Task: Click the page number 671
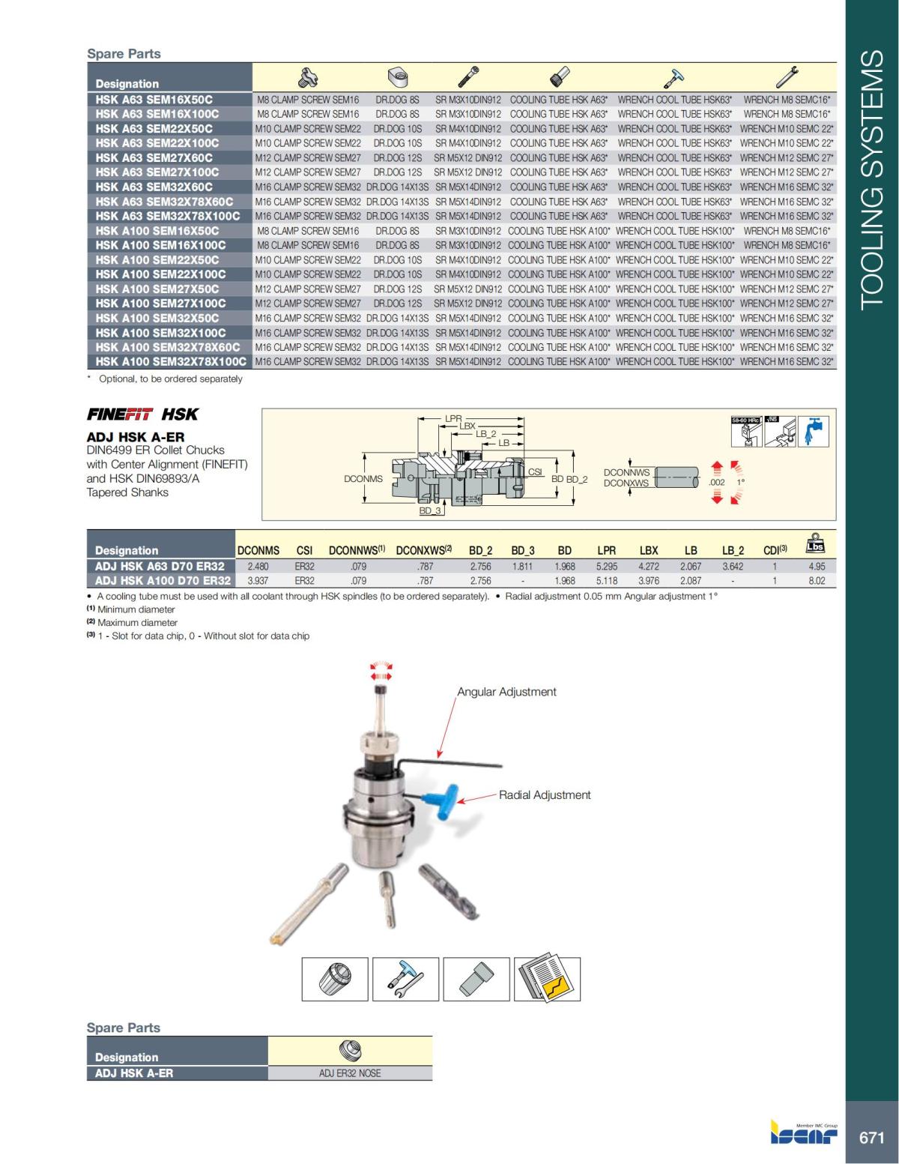pyautogui.click(x=871, y=1138)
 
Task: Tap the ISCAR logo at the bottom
pyautogui.click(x=804, y=1133)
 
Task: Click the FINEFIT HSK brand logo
pyautogui.click(x=142, y=414)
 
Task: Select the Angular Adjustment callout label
pyautogui.click(x=506, y=692)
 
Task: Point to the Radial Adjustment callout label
pyautogui.click(x=545, y=795)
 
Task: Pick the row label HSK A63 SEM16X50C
pyautogui.click(x=154, y=99)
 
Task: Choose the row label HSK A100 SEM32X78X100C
pyautogui.click(x=170, y=361)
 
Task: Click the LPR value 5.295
pyautogui.click(x=606, y=567)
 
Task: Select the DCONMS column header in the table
pyautogui.click(x=258, y=550)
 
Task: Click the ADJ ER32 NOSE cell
pyautogui.click(x=350, y=1073)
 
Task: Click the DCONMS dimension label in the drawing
pyautogui.click(x=363, y=479)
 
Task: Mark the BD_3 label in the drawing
pyautogui.click(x=430, y=510)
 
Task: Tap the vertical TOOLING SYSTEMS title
pyautogui.click(x=871, y=180)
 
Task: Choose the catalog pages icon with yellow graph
pyautogui.click(x=548, y=980)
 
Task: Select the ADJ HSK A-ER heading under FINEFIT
pyautogui.click(x=136, y=437)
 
